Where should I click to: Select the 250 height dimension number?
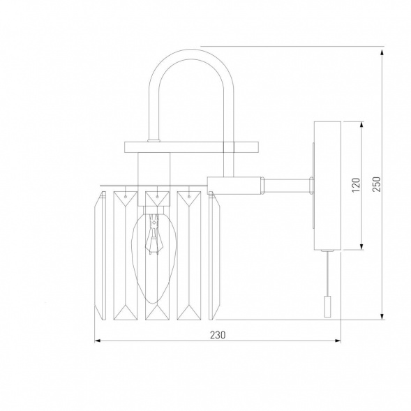(x=376, y=182)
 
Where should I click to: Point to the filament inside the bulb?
(x=151, y=241)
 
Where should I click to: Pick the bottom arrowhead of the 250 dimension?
(x=383, y=315)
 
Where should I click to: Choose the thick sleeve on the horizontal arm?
(x=237, y=184)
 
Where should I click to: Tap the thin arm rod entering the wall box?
(x=287, y=184)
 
